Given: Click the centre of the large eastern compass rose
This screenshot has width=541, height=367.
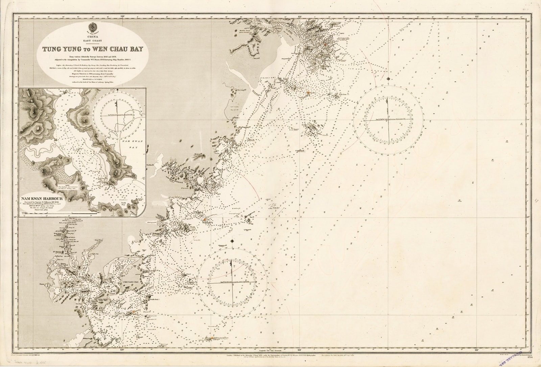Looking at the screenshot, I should pos(388,120).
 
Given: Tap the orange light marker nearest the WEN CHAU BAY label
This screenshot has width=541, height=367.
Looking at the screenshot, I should pos(325,44).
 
